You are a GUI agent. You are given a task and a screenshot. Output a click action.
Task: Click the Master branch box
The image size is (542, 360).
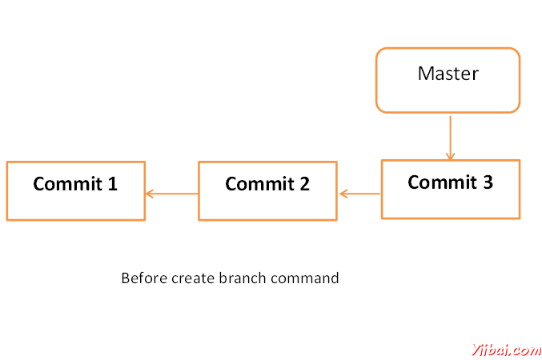448,80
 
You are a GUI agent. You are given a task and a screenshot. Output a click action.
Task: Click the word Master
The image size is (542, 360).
448,74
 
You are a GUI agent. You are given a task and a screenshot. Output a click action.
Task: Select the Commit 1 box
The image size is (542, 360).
76,190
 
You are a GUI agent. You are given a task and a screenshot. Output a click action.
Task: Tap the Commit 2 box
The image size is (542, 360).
267,190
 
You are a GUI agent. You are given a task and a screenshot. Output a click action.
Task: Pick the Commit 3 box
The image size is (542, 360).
451,190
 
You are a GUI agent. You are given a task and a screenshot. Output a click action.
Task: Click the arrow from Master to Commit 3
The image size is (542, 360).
450,138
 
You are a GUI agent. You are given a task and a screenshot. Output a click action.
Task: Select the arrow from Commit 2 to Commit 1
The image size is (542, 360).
172,194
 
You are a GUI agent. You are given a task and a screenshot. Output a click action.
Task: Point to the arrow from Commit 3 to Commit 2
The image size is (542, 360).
359,194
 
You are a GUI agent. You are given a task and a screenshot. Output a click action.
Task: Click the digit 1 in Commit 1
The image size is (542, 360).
112,183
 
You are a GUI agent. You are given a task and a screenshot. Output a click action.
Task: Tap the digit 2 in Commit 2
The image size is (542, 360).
304,183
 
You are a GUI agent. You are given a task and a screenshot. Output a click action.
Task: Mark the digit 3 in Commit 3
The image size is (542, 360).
488,182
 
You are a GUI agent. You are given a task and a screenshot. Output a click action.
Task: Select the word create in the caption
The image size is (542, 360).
193,279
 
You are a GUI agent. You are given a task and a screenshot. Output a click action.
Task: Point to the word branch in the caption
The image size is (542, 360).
243,278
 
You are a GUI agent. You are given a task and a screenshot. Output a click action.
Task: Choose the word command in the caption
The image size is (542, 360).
304,278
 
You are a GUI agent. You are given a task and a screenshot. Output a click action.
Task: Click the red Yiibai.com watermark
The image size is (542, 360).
507,350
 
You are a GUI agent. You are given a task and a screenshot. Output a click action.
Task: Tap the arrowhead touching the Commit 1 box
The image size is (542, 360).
150,194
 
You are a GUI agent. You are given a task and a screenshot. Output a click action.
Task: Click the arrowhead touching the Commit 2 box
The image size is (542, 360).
343,194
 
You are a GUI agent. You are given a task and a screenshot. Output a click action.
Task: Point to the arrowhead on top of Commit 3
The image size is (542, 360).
450,157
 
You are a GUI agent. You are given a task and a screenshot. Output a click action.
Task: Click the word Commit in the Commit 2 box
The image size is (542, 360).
259,183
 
